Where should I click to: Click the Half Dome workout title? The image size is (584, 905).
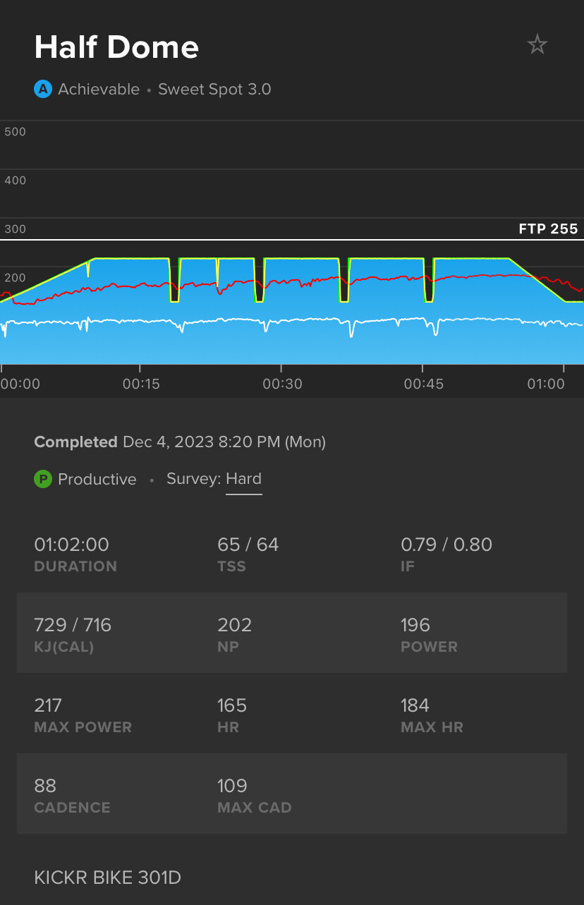coord(116,47)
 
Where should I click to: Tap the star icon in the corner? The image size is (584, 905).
coord(537,45)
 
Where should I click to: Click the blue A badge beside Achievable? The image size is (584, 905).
coord(43,90)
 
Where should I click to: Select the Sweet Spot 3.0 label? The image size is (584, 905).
coord(214,90)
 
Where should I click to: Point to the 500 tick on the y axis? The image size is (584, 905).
coord(15,132)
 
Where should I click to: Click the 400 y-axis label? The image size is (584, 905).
coord(15,181)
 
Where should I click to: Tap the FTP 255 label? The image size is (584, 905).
coord(548,229)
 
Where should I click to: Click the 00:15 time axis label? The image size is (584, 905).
coord(141,384)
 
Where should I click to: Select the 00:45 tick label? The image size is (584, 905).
coord(422,384)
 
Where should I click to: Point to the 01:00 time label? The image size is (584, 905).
coord(547,384)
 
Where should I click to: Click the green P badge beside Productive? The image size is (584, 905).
coord(43,480)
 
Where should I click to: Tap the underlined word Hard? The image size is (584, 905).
coord(243,479)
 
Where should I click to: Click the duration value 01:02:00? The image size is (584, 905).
coord(71,545)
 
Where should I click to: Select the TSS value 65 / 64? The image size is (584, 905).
coord(248,545)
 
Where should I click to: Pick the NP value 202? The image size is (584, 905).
coord(234,625)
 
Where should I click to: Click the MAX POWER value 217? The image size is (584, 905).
coord(48,705)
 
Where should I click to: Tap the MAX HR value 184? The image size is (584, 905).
coord(415,705)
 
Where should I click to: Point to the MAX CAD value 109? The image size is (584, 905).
coord(232,786)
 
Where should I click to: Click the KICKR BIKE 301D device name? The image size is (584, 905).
coord(107,877)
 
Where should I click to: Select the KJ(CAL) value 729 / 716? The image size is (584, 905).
coord(73,625)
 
